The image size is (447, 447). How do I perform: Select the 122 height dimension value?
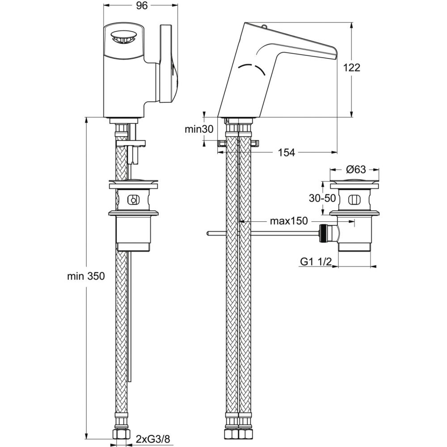pyautogui.click(x=351, y=67)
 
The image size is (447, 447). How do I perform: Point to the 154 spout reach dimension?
pyautogui.click(x=286, y=152)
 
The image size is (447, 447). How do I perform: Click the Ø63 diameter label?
pyautogui.click(x=356, y=170)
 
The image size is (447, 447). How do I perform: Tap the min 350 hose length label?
pyautogui.click(x=86, y=276)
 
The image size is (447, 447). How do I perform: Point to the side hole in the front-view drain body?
pyautogui.click(x=133, y=200)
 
